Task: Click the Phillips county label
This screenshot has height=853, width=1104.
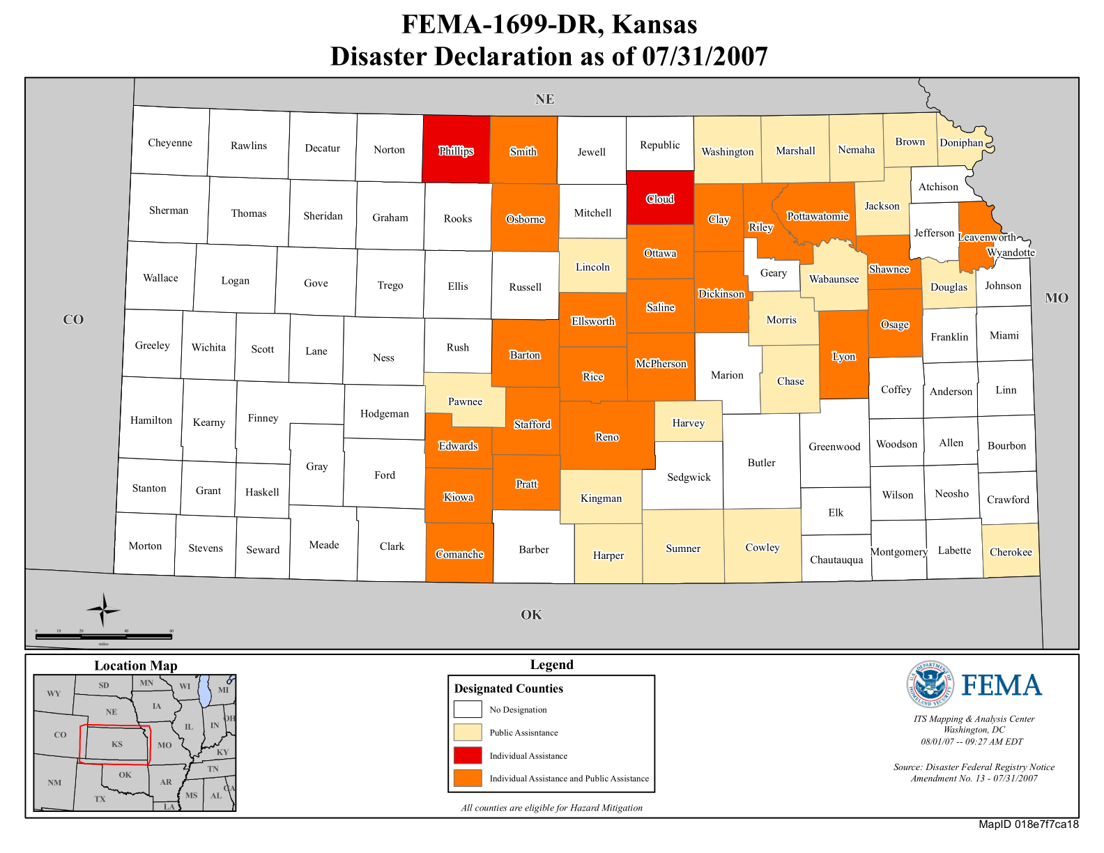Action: coord(456,151)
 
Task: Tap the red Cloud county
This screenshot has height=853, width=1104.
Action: coord(660,198)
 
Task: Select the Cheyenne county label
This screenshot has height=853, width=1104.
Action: coord(170,143)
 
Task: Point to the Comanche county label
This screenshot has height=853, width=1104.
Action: coord(459,554)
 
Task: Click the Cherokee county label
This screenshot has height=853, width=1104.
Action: coord(1011,552)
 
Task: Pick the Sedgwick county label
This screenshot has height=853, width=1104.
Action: coord(689,477)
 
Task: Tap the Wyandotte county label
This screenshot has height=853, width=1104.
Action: coord(1011,252)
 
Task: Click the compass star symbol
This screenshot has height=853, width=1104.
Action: coord(103,610)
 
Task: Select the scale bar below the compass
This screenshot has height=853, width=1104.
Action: coord(104,636)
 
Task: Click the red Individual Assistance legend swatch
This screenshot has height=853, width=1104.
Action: coord(468,755)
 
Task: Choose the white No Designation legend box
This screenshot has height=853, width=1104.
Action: coord(468,709)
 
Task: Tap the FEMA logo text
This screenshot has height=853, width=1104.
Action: coord(1002,686)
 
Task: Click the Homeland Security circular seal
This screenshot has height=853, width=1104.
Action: coord(930,684)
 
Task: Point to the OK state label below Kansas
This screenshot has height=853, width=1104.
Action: coord(531,615)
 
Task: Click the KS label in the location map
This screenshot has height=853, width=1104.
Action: coord(117,744)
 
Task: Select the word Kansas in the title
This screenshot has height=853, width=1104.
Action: coord(654,24)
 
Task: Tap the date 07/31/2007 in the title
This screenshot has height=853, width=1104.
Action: coord(705,56)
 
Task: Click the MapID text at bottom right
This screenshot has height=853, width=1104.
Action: coord(1028,824)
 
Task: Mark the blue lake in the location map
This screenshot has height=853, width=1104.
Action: coord(204,691)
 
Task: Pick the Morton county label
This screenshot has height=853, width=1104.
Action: coord(145,546)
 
